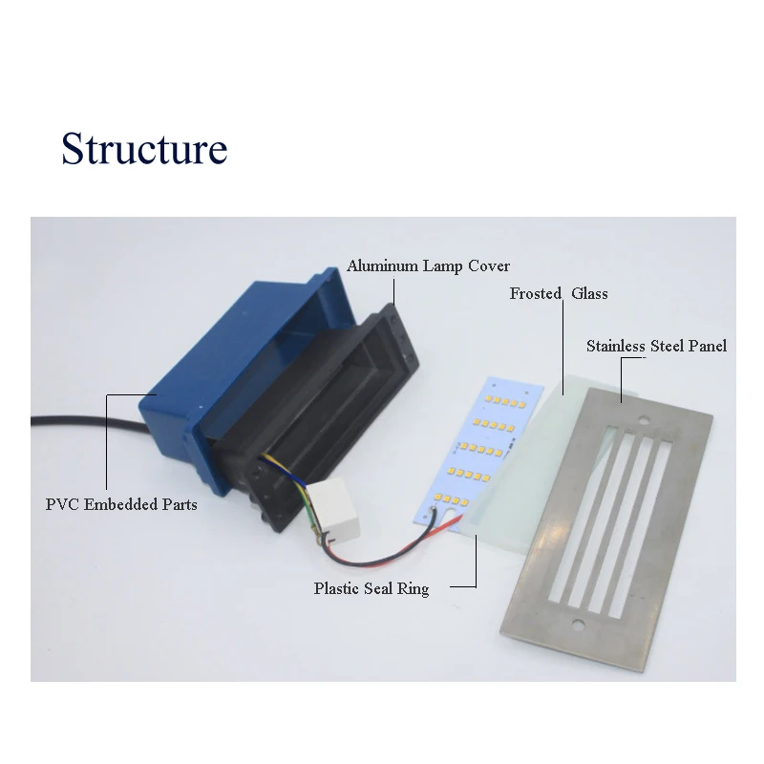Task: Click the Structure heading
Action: point(144,148)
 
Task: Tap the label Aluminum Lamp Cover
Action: point(428,266)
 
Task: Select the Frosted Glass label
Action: point(559,293)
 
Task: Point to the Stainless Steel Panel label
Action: point(656,346)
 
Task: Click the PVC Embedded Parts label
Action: point(121,504)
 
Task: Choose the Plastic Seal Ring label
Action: point(371,588)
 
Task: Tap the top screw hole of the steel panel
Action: point(645,419)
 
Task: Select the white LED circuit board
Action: point(480,453)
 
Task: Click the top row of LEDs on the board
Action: point(505,401)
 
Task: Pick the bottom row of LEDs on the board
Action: point(452,499)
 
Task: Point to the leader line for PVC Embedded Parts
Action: point(107,441)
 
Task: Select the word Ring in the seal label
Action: point(414,589)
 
